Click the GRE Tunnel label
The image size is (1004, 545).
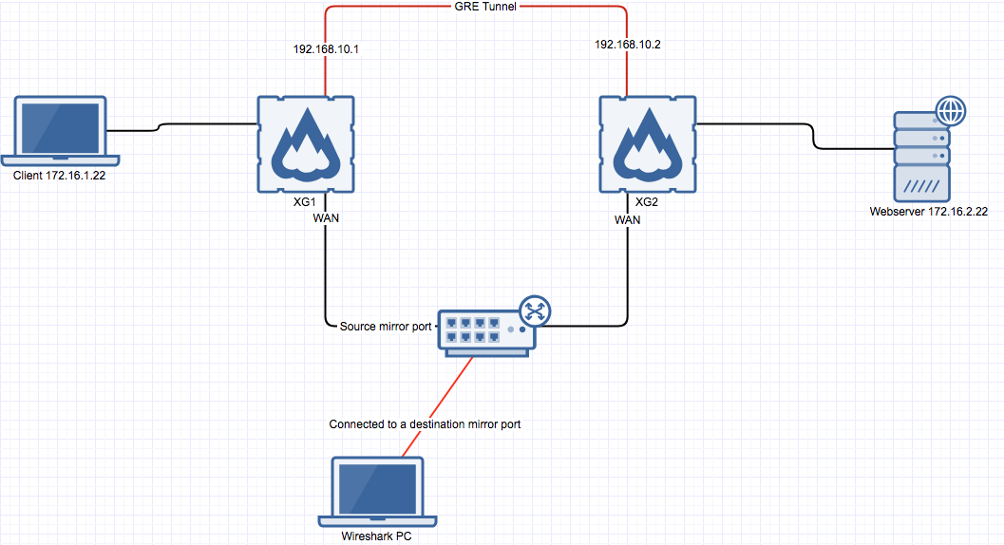coord(477,7)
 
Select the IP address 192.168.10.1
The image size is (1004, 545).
coord(325,47)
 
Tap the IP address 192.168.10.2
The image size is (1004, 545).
coord(626,45)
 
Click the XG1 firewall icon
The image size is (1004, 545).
coord(306,143)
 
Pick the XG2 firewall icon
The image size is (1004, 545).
coord(648,143)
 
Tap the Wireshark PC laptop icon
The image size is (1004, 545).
coord(378,491)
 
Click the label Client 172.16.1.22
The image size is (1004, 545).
coord(58,176)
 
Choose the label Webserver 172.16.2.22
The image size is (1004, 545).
coord(928,212)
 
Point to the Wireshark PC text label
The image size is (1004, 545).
coord(378,537)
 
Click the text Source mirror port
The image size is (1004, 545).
coord(387,327)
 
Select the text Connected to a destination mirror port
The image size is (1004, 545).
coord(425,424)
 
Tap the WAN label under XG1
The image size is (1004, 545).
coord(326,218)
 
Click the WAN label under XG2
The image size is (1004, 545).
coord(627,219)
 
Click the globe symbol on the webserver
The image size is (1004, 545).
coord(949,111)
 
